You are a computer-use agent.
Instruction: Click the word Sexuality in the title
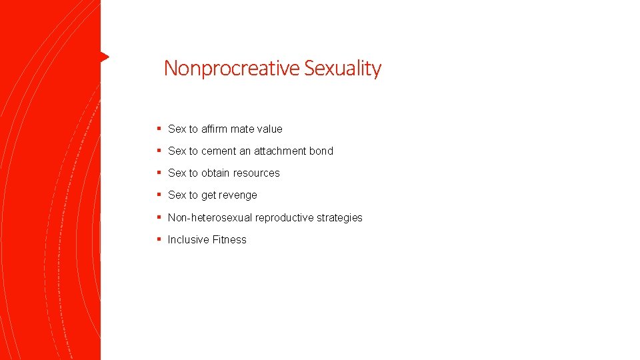tap(343, 69)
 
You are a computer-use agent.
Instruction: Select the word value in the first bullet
tap(269, 129)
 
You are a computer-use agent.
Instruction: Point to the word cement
tap(219, 151)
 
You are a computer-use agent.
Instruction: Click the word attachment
tap(279, 151)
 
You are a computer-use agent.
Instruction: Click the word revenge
tap(238, 195)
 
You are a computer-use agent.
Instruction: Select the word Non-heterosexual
tap(209, 217)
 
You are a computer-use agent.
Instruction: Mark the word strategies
tap(340, 217)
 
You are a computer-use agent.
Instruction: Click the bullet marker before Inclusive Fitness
tap(159, 239)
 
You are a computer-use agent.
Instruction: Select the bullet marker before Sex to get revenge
tap(159, 194)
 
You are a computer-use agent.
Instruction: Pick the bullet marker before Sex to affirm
tap(159, 128)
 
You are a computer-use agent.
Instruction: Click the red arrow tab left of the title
tap(104, 57)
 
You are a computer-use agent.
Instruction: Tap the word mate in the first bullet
tap(243, 129)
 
